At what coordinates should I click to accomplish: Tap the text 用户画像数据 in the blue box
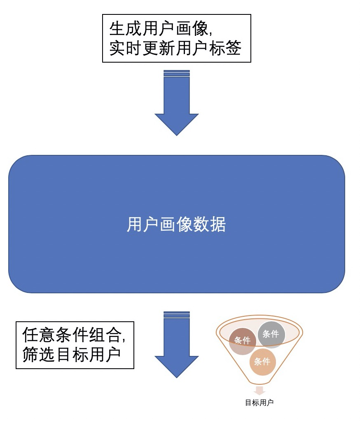[x=176, y=225]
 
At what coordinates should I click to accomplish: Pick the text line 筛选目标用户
[x=72, y=355]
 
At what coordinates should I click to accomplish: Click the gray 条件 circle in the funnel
[x=271, y=334]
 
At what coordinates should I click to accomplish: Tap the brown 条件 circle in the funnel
[x=243, y=341]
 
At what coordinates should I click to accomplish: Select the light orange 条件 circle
[x=262, y=362]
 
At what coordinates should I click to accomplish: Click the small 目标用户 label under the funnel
[x=259, y=402]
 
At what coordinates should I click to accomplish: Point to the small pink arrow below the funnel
[x=259, y=391]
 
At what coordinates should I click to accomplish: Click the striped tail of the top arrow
[x=176, y=73]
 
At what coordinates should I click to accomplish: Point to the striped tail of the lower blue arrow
[x=176, y=315]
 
